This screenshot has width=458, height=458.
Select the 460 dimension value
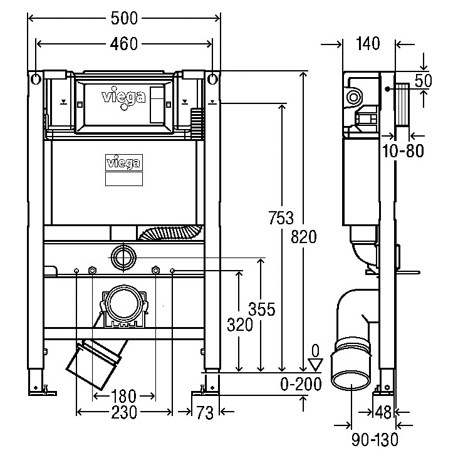124,43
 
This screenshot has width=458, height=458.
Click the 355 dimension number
261,310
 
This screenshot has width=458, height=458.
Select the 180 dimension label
123,396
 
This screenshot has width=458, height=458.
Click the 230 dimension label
124,412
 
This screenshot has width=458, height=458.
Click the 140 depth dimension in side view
369,43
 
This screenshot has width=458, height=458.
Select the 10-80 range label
402,150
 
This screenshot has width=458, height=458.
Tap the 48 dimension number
383,412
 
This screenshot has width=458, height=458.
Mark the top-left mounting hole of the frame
35,79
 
